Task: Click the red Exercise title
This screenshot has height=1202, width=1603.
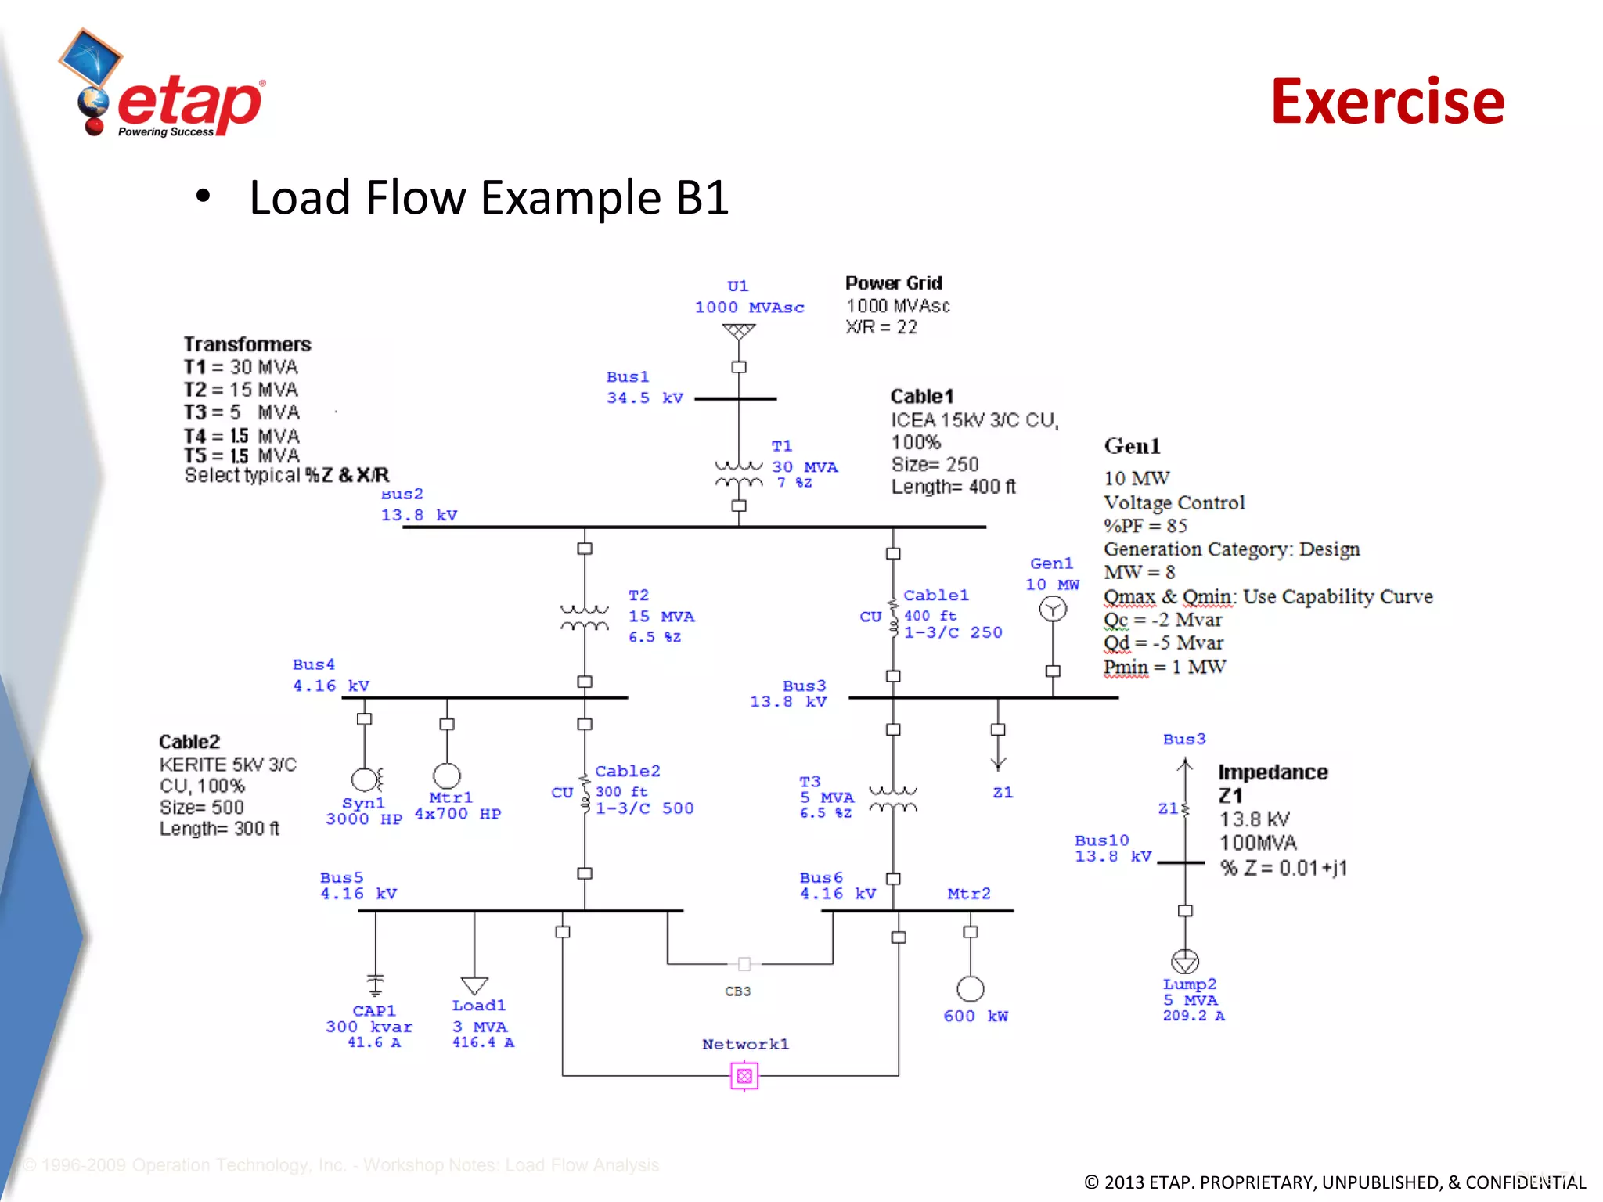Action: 1387,102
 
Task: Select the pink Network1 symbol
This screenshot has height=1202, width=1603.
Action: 744,1075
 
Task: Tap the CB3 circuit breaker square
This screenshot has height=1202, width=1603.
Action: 744,963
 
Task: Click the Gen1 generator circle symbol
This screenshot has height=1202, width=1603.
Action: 1053,609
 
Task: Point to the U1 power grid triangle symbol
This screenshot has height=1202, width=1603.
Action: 738,332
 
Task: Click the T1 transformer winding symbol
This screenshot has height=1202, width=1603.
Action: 738,473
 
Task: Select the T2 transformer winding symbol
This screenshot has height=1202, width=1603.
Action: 585,617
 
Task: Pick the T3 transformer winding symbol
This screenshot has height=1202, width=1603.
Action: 892,799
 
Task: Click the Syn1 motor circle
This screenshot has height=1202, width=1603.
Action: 365,779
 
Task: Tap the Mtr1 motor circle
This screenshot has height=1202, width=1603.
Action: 447,776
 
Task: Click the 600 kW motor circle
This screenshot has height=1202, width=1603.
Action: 971,989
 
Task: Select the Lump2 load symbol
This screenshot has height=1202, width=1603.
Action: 1185,961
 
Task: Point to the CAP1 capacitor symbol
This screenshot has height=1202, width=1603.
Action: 376,983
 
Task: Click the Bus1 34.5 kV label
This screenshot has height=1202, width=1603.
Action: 644,387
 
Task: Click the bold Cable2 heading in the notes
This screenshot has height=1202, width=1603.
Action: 189,741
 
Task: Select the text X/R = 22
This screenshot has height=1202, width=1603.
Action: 881,327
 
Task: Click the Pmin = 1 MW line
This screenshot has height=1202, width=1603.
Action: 1164,667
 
